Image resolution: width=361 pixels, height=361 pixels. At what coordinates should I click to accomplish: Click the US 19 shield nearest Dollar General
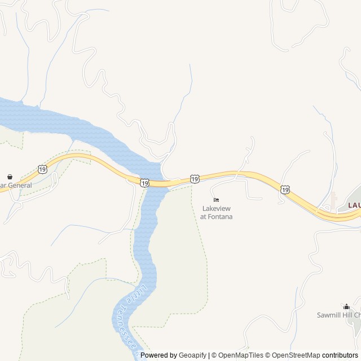coord(42,169)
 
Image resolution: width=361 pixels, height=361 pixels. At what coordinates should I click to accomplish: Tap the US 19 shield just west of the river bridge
coord(144,182)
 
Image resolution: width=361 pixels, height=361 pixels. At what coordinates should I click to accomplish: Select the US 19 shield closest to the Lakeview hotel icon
coord(195,179)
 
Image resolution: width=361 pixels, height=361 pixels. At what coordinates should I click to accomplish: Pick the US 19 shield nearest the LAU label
coord(285,190)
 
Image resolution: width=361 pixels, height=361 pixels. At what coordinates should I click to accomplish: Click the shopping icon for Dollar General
coord(10,177)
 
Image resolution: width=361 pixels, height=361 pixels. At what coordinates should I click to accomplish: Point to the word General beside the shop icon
coord(20,184)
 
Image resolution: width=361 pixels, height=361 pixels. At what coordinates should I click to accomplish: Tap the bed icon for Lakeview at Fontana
coord(216,200)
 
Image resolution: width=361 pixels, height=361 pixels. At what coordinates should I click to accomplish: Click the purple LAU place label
coord(354,205)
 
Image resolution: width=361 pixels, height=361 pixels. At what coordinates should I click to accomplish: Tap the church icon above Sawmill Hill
coord(346,306)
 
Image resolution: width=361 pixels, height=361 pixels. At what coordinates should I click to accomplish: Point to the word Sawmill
coord(328,315)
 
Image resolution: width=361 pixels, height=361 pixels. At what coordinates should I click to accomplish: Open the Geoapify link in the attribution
coord(192,355)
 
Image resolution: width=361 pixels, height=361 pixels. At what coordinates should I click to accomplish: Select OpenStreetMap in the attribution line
coord(296,355)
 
